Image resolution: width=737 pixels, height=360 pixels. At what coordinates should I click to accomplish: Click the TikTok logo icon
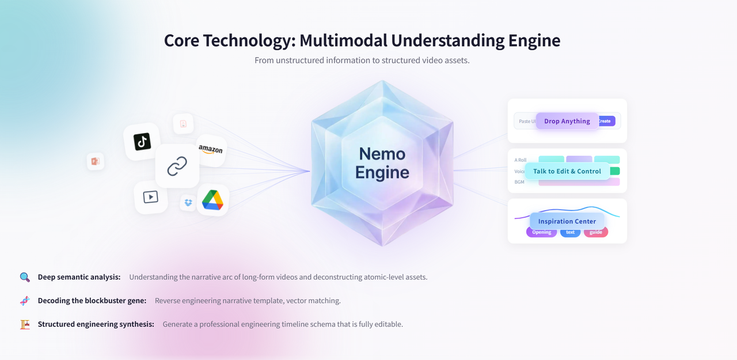(x=142, y=141)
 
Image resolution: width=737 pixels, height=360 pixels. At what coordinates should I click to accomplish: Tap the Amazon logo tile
(x=211, y=150)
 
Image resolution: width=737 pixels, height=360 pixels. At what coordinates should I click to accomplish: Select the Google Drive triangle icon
(x=212, y=199)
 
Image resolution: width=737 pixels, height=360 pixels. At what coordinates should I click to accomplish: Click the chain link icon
(x=177, y=166)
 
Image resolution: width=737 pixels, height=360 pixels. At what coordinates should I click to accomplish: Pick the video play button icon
(x=150, y=197)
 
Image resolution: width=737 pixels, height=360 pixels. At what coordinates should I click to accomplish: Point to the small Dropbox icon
(x=188, y=203)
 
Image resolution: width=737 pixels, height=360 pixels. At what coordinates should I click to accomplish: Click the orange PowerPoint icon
(x=96, y=161)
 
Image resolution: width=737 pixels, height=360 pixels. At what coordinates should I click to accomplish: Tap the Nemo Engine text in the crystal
(x=382, y=163)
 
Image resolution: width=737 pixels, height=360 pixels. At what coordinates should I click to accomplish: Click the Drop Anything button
(x=567, y=121)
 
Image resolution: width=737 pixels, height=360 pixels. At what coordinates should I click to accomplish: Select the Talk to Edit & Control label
(x=567, y=171)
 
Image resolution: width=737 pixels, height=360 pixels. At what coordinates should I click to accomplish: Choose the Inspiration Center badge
(x=567, y=221)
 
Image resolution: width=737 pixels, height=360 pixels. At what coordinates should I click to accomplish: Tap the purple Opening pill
(x=541, y=232)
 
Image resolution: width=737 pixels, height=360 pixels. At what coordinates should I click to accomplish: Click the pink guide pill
(x=596, y=232)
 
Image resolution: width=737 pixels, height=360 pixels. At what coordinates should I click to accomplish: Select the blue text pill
(x=570, y=232)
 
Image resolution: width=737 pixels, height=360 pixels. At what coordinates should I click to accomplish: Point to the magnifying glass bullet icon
(x=25, y=277)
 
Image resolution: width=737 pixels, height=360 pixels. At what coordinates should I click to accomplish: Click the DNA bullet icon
(x=25, y=301)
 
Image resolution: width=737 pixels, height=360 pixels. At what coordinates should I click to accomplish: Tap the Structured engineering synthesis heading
(x=96, y=324)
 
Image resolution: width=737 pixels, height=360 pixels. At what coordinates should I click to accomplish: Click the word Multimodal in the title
(x=343, y=40)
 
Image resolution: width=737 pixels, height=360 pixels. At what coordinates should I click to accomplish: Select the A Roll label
(x=521, y=160)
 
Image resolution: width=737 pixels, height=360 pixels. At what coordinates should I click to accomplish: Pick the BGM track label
(x=520, y=182)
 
